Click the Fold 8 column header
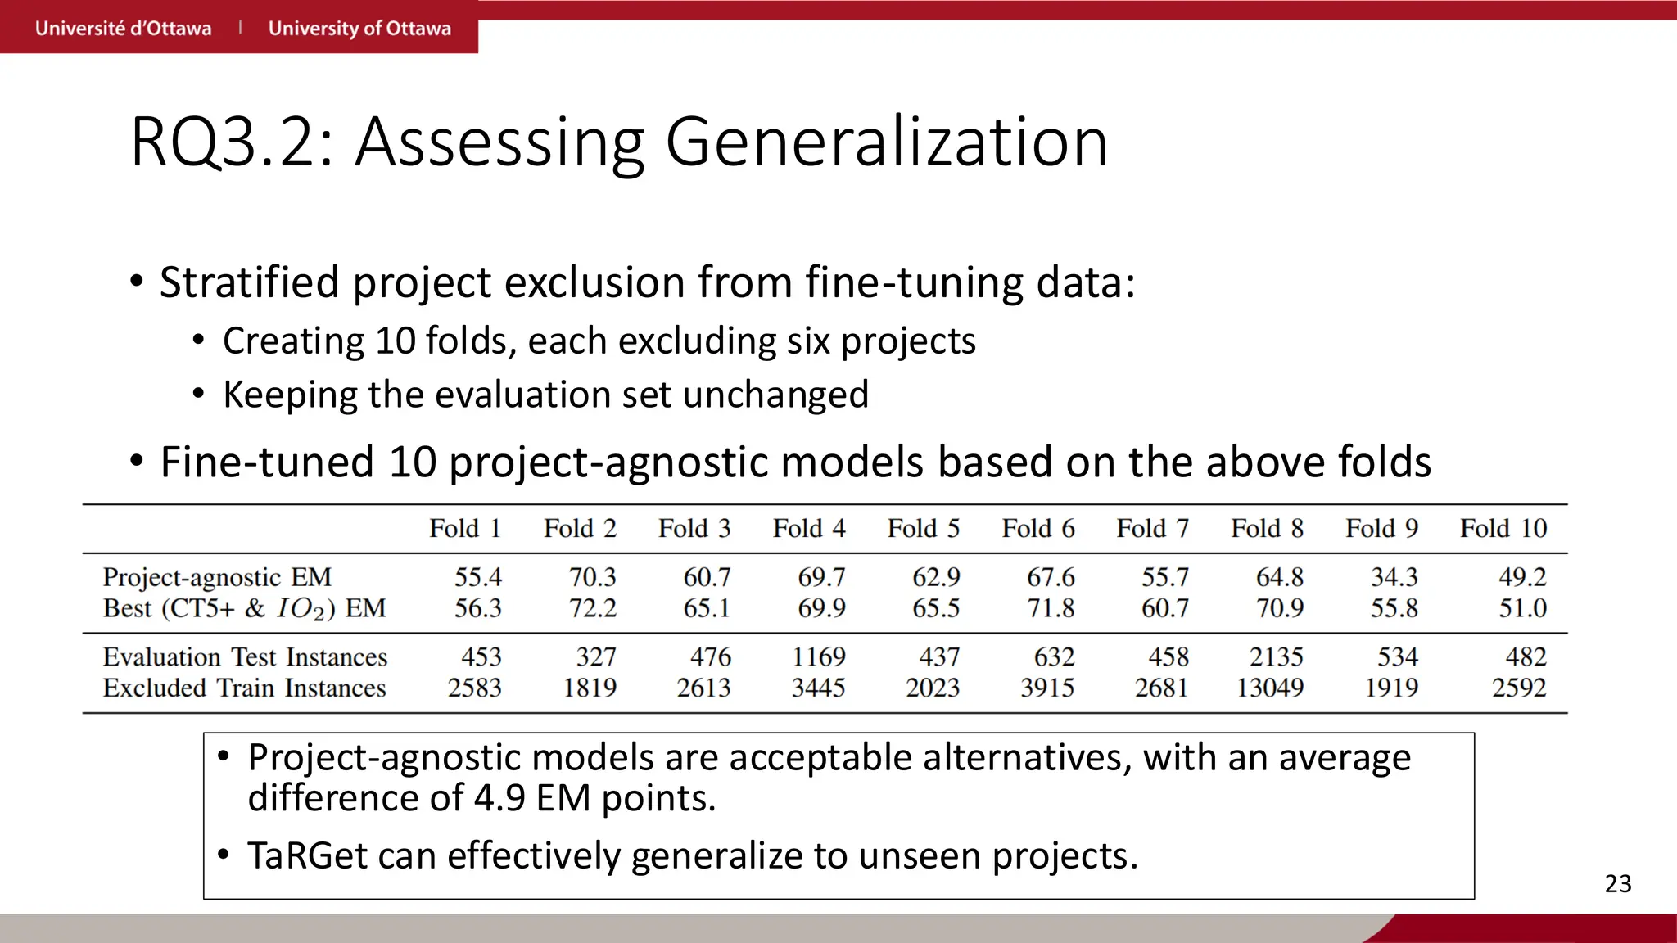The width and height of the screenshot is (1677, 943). [x=1267, y=529]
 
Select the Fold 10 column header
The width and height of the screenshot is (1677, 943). [x=1503, y=529]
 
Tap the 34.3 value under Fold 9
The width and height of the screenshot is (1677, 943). [x=1394, y=577]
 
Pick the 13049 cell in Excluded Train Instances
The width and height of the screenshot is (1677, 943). [x=1269, y=688]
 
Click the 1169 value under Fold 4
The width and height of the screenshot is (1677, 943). [x=818, y=656]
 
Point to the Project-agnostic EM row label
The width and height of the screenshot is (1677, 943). [x=217, y=577]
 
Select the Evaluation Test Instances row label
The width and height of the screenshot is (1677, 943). [x=245, y=656]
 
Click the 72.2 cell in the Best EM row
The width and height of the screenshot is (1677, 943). [x=592, y=608]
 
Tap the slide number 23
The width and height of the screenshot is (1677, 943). [x=1618, y=884]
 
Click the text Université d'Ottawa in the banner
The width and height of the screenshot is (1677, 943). [x=123, y=29]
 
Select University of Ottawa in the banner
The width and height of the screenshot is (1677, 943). [x=359, y=29]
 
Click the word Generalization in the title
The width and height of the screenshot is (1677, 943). [x=886, y=142]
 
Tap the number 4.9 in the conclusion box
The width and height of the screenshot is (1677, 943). [x=499, y=798]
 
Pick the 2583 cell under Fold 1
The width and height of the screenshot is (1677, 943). [x=474, y=688]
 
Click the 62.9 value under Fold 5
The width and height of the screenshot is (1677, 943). [x=935, y=577]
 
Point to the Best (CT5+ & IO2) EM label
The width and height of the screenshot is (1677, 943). [x=244, y=608]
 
